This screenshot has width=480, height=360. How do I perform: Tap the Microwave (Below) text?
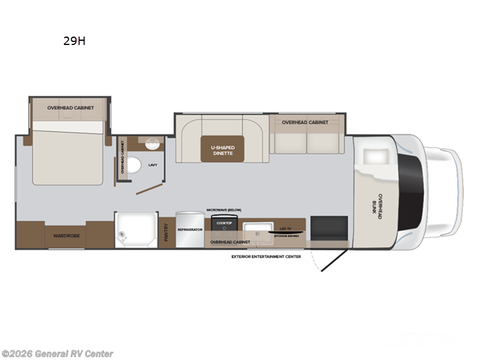(224, 209)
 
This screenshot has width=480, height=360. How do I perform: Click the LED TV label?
(285, 229)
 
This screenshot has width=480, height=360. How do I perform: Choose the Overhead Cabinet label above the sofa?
(305, 122)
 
